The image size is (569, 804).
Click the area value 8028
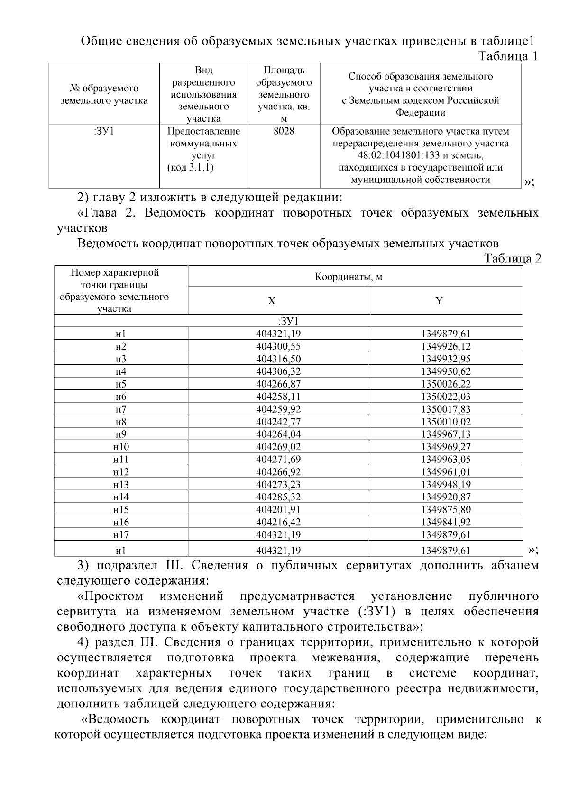click(x=284, y=131)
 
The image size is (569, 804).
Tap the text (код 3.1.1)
click(x=190, y=168)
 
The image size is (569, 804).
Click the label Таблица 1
click(x=508, y=56)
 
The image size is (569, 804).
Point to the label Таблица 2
click(x=512, y=259)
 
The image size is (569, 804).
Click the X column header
click(x=271, y=301)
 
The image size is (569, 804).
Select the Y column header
click(x=439, y=301)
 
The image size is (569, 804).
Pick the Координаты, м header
click(x=349, y=277)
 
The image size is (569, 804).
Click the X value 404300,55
click(x=278, y=346)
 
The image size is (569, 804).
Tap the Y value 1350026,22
click(x=445, y=384)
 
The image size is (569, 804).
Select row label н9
click(x=121, y=434)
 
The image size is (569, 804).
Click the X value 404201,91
click(x=278, y=510)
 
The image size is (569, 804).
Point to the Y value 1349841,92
click(x=445, y=522)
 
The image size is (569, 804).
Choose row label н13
click(x=121, y=485)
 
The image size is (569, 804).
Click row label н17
click(x=121, y=535)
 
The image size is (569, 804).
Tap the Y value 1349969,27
click(x=445, y=447)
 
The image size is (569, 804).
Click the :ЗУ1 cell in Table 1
click(x=104, y=131)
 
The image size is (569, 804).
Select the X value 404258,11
click(x=278, y=397)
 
